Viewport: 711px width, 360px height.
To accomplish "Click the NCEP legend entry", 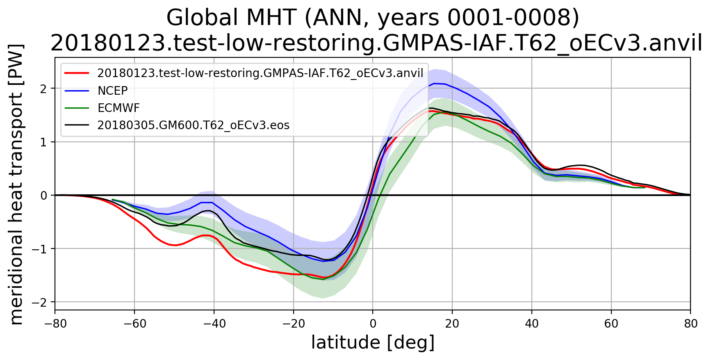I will pyautogui.click(x=112, y=91).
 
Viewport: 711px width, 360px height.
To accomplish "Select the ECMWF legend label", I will pyautogui.click(x=118, y=108).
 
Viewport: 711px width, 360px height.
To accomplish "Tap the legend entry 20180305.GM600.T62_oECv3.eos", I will pyautogui.click(x=193, y=125).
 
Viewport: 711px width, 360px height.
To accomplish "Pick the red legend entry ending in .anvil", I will pyautogui.click(x=260, y=73).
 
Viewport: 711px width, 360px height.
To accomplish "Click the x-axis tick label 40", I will pyautogui.click(x=532, y=324).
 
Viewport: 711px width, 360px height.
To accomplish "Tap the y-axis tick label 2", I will pyautogui.click(x=43, y=89).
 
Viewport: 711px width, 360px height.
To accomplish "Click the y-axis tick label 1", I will pyautogui.click(x=43, y=142).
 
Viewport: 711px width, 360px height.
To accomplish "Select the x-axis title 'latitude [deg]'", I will pyautogui.click(x=373, y=343).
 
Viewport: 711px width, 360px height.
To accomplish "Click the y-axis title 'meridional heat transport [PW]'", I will pyautogui.click(x=16, y=184).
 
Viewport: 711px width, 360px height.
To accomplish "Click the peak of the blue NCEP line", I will pyautogui.click(x=435, y=83).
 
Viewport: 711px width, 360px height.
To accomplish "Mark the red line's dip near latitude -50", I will pyautogui.click(x=175, y=245).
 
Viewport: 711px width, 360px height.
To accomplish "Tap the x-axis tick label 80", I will pyautogui.click(x=690, y=324).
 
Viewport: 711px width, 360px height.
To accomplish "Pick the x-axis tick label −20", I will pyautogui.click(x=293, y=324).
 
